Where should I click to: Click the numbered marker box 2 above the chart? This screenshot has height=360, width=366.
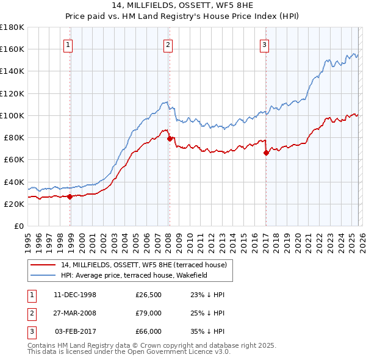[x=168, y=44]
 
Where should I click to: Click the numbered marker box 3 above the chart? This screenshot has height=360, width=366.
[x=264, y=44]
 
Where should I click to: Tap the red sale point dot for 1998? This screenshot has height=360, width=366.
[x=70, y=196]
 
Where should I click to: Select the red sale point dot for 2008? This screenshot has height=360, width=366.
[x=170, y=139]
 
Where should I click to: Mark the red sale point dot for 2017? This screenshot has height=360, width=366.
[x=266, y=153]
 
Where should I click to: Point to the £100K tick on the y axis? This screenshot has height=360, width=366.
[x=12, y=115]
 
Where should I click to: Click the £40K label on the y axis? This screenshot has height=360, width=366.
[x=14, y=182]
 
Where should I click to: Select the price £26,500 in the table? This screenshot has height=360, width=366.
[x=148, y=295]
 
